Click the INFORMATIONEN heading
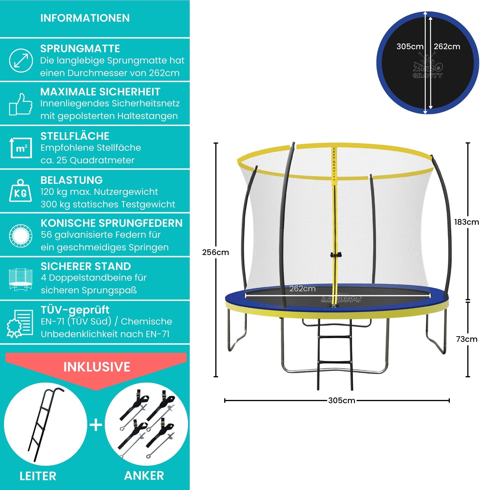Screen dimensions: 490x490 pyautogui.click(x=85, y=18)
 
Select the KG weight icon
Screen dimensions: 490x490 pyautogui.click(x=21, y=191)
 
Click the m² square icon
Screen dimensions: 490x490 pyautogui.click(x=21, y=148)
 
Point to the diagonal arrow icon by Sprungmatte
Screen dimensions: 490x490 pyautogui.click(x=21, y=61)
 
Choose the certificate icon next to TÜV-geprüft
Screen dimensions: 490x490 pyautogui.click(x=20, y=324)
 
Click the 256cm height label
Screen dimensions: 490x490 pyautogui.click(x=215, y=252)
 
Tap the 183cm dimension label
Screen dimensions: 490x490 pyautogui.click(x=466, y=222)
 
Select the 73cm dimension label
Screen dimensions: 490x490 pyautogui.click(x=466, y=339)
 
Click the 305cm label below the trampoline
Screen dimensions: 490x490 pyautogui.click(x=341, y=400)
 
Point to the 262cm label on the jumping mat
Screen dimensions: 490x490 pyautogui.click(x=302, y=289)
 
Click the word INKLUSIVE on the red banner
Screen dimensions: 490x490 pyautogui.click(x=97, y=367)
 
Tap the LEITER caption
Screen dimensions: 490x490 pyautogui.click(x=38, y=476)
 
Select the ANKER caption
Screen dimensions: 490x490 pyautogui.click(x=144, y=476)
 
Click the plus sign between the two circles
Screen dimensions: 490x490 pyautogui.click(x=96, y=425)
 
